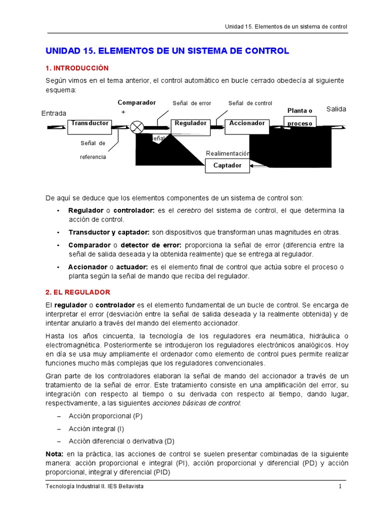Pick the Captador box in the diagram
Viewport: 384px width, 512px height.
(227, 165)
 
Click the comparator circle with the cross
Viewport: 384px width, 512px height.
(136, 127)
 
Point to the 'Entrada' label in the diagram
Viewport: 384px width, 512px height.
(53, 113)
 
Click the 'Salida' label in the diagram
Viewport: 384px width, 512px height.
(336, 109)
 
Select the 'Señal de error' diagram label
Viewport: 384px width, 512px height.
(191, 103)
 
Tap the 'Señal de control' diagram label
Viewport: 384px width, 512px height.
(250, 103)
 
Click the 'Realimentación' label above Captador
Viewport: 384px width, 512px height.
(227, 153)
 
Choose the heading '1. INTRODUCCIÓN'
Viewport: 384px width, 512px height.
(77, 68)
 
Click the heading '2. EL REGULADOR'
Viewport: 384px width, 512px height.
(78, 292)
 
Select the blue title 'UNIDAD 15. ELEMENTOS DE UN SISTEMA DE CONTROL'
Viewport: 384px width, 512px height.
(167, 51)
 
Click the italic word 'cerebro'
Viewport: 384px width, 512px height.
(189, 210)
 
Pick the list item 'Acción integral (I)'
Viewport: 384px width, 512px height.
(96, 428)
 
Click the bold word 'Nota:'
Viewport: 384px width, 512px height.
(54, 453)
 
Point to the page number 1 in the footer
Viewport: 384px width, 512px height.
(340, 487)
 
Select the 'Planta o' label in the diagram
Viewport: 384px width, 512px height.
(299, 110)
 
